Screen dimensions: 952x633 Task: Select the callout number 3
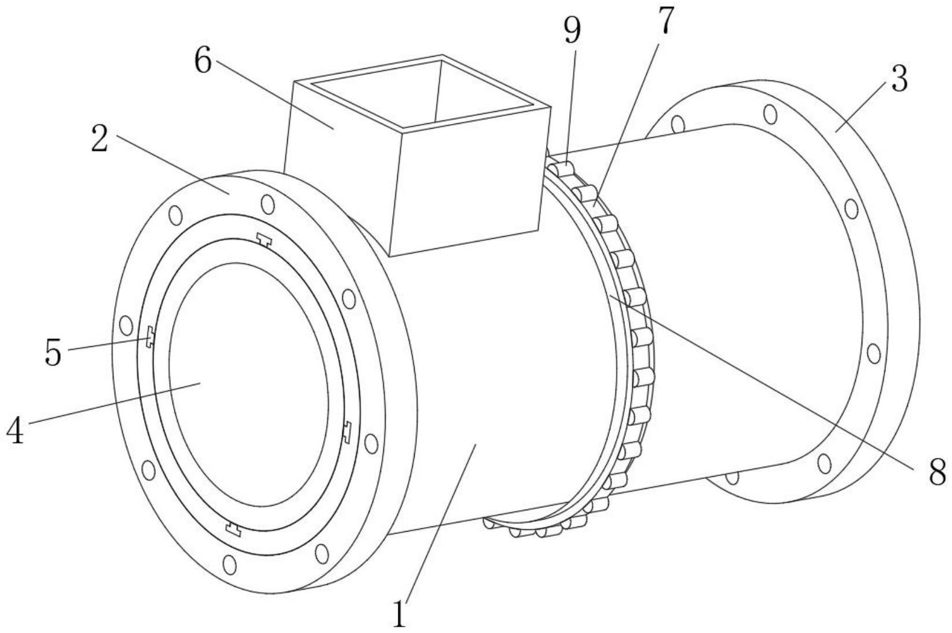coord(899,79)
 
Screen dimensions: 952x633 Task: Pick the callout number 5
coord(53,352)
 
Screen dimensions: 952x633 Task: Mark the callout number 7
coord(666,20)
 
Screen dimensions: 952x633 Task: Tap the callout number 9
coord(573,31)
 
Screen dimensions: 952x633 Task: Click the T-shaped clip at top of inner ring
coord(265,240)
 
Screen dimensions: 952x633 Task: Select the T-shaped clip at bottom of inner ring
coord(233,528)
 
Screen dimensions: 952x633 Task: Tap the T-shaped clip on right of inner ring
coord(347,433)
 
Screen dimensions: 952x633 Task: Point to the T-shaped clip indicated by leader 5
coord(149,336)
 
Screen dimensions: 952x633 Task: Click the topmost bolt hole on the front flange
coord(268,204)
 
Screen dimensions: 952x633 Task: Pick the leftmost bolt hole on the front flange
coord(126,325)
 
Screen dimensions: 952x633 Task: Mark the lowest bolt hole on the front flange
coord(229,565)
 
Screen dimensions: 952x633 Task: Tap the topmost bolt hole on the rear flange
coord(771,114)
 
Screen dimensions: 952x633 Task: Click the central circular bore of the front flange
coord(248,385)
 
